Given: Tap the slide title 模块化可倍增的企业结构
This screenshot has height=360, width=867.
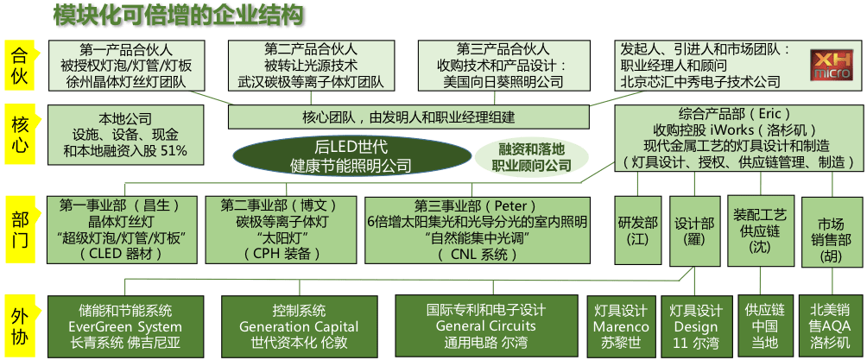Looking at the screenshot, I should (180, 16).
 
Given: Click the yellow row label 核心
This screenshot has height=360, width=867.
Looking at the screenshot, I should (20, 135).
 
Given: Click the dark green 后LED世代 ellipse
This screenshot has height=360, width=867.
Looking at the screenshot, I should (349, 155).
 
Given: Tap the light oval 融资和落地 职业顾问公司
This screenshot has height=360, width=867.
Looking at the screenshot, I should (531, 156).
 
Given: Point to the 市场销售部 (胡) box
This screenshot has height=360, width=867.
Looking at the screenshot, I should (832, 232).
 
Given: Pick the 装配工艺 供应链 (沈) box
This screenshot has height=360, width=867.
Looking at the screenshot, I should (760, 231).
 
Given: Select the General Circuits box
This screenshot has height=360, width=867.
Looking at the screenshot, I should (486, 326).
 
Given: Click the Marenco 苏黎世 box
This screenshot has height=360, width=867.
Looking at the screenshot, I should (621, 326).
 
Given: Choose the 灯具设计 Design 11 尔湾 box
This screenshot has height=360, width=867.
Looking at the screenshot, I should (695, 326).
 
